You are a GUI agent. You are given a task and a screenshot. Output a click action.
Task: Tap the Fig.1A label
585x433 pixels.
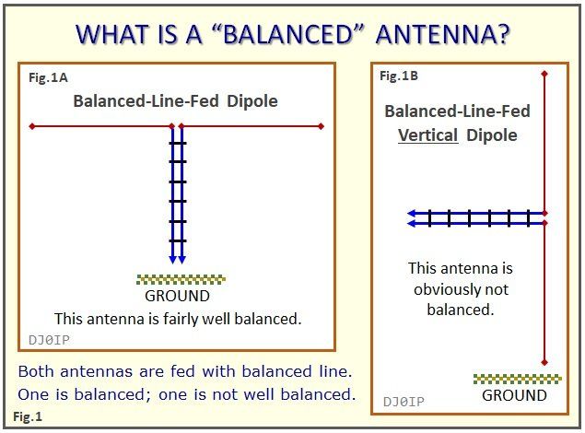coord(47,79)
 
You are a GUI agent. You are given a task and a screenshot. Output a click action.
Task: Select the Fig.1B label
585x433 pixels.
coord(399,76)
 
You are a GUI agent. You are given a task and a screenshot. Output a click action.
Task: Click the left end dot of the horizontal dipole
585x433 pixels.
coord(32,126)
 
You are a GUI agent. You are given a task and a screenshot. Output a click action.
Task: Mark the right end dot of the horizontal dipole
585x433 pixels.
coord(322,126)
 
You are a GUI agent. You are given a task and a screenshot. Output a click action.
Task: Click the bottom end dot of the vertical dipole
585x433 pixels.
coord(546,362)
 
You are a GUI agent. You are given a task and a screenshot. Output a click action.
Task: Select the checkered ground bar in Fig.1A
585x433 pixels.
coord(181,279)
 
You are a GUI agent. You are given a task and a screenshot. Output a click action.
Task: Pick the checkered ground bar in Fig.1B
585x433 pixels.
coord(517,378)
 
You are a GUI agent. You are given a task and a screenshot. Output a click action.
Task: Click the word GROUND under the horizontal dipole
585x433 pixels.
coord(178,296)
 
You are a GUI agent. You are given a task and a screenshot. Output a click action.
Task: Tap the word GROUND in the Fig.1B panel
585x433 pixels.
coord(515,395)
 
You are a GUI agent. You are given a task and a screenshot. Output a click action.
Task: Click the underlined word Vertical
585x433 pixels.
coord(428,135)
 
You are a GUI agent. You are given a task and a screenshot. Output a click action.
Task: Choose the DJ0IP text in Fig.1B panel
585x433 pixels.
coord(404,401)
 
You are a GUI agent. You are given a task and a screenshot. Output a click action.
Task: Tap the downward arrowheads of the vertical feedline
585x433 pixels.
coord(176,258)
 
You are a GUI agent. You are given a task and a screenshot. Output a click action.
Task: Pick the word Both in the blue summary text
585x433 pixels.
coord(37,371)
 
